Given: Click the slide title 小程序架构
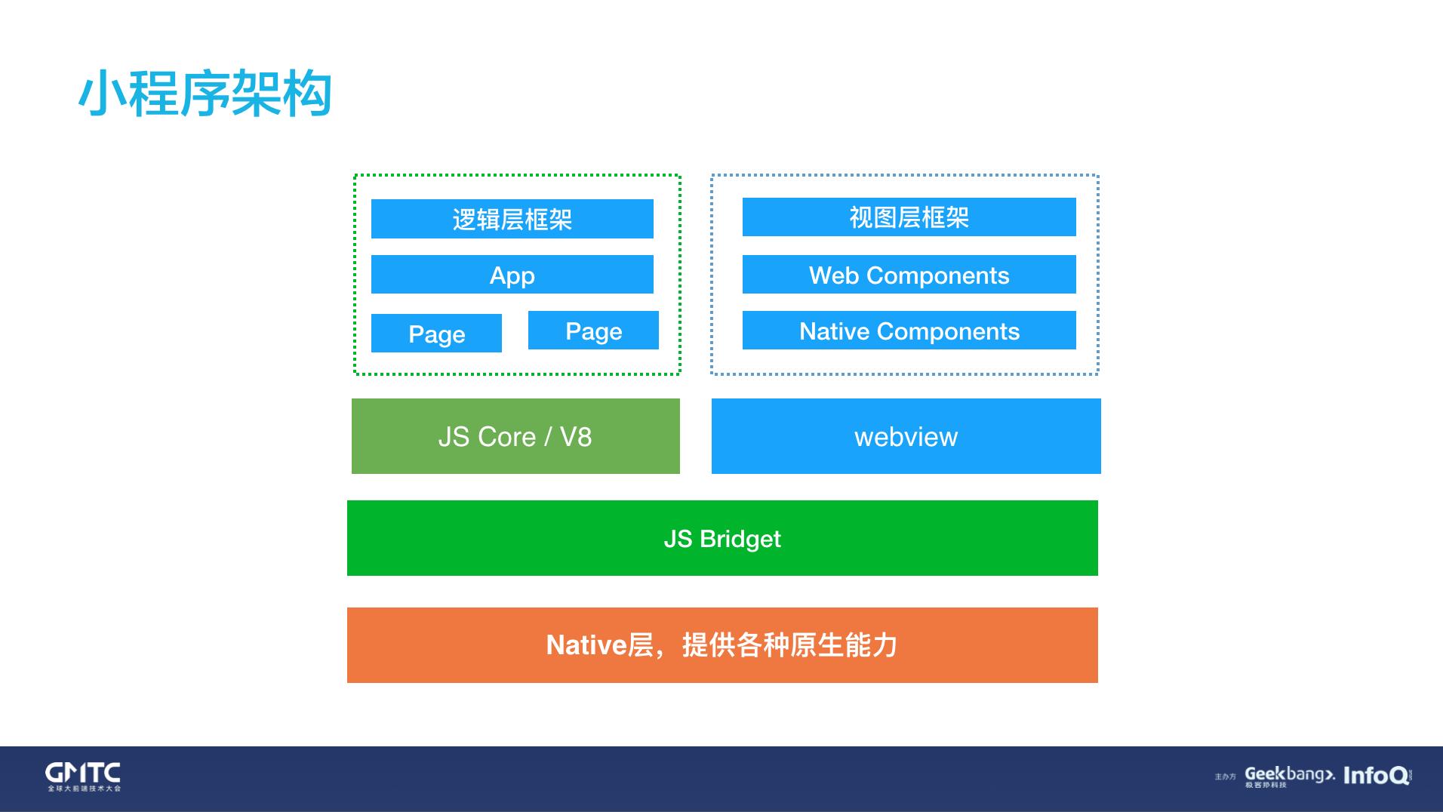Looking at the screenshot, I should pos(205,94).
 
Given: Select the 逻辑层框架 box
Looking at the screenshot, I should pos(512,219).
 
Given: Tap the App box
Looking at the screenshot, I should pos(512,275).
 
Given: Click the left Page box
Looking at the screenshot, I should pos(436,334).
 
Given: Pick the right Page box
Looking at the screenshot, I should pos(593,331).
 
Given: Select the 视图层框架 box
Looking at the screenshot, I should pos(909,217).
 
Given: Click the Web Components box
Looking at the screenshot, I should pos(909,275).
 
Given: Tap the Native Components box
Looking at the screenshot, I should pos(909,331).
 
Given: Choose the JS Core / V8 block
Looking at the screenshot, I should pos(515,436).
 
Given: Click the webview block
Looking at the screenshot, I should pos(906,436).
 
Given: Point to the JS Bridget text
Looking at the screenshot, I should pos(722,539).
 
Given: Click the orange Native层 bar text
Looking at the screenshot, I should pos(722,645).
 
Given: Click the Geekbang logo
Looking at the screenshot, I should pos(1289,776).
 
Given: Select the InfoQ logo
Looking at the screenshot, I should pos(1376,776).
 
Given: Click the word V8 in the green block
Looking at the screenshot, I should pos(576,437).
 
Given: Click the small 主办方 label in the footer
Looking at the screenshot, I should pos(1225,777).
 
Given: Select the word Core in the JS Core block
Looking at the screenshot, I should pos(507,437).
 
